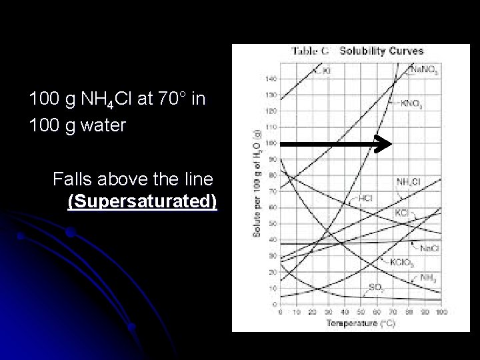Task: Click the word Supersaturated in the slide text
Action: [x=142, y=201]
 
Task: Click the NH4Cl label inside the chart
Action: [x=407, y=181]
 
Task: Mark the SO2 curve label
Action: [x=375, y=287]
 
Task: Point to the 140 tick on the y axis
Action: [x=271, y=78]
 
